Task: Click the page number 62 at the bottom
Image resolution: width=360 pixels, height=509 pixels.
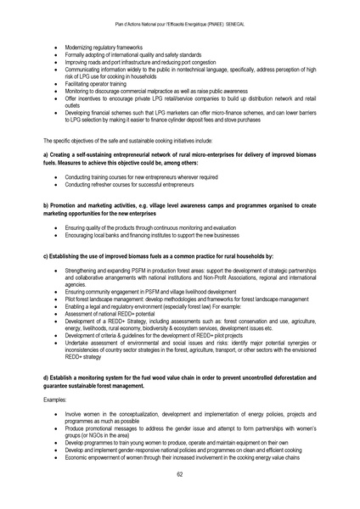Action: (x=180, y=473)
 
